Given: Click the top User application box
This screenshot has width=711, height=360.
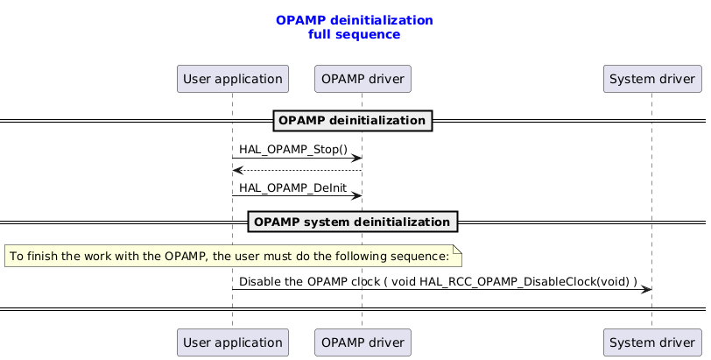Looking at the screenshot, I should [x=232, y=79].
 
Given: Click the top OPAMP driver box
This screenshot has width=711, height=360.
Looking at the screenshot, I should [x=363, y=79].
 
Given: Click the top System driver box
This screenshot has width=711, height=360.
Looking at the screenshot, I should [x=652, y=79].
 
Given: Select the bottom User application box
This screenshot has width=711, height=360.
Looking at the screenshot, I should [x=232, y=342].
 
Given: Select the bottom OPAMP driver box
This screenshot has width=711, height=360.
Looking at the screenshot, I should [x=363, y=342].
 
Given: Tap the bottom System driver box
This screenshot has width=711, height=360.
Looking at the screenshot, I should [x=652, y=342].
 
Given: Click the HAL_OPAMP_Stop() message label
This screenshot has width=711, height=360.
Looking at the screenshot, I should [x=281, y=150].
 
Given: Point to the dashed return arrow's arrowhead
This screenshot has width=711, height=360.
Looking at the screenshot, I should [x=237, y=170].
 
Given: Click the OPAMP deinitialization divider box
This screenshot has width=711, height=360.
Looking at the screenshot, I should [x=353, y=120].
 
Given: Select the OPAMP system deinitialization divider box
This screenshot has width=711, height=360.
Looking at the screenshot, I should [x=353, y=222].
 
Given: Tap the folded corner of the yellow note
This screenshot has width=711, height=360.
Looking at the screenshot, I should [x=456, y=250].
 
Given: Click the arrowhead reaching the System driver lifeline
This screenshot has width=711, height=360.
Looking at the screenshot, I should [x=647, y=289].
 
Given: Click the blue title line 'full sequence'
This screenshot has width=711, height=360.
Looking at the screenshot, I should [x=354, y=34].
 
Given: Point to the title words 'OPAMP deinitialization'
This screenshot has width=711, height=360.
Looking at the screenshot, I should [x=354, y=19].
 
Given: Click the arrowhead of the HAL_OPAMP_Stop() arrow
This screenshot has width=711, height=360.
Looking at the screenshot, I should [x=357, y=158].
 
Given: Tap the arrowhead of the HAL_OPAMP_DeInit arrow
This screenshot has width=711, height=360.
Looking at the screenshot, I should [x=357, y=195].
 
